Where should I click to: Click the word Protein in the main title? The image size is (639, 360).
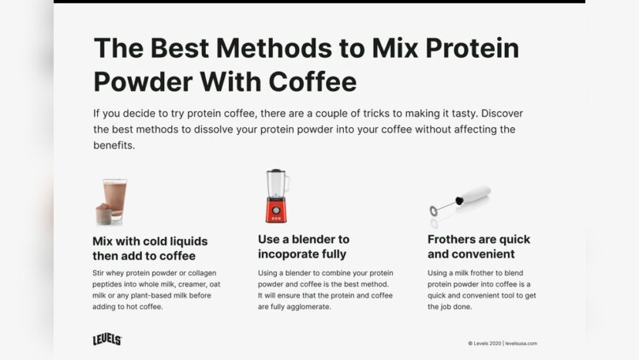pyautogui.click(x=468, y=49)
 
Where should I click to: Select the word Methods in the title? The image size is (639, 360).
pyautogui.click(x=256, y=49)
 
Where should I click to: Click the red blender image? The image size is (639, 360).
pyautogui.click(x=276, y=197)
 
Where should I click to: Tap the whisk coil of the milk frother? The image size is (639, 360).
pyautogui.click(x=434, y=211)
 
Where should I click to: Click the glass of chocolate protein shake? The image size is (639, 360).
pyautogui.click(x=115, y=197)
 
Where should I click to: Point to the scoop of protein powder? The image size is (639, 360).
pyautogui.click(x=103, y=214)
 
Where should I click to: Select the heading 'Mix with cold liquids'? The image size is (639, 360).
pyautogui.click(x=150, y=240)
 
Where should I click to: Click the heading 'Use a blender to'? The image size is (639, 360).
pyautogui.click(x=304, y=239)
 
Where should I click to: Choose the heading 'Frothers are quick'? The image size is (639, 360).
pyautogui.click(x=479, y=239)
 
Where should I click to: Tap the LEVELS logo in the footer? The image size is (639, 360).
pyautogui.click(x=107, y=339)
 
